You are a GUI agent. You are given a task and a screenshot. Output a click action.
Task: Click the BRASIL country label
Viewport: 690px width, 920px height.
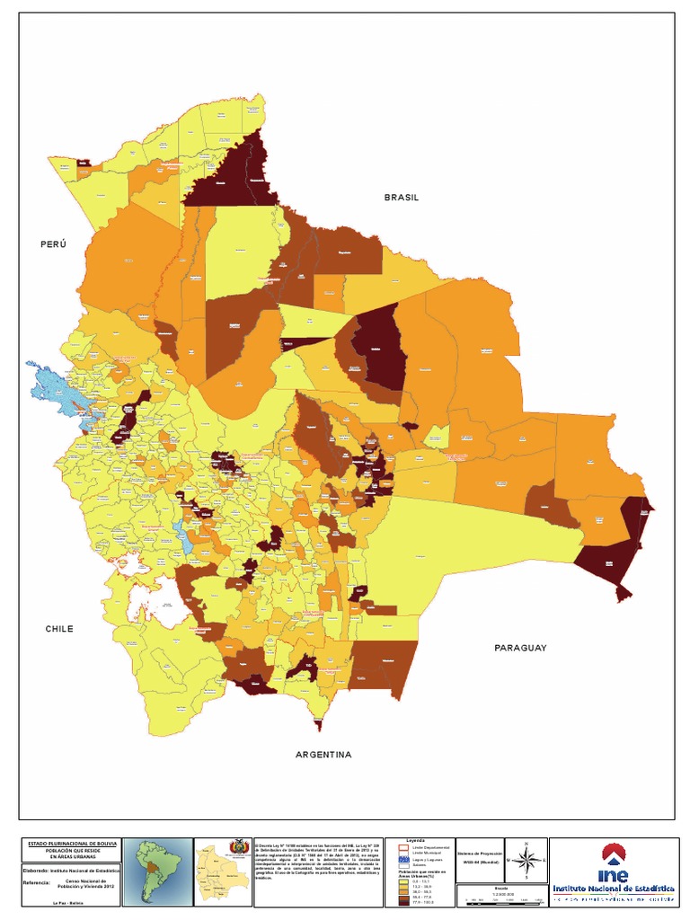click(x=402, y=197)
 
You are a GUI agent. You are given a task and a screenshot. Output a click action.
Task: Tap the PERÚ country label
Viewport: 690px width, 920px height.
click(x=54, y=244)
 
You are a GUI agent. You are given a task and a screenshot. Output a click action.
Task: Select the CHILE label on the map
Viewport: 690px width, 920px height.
click(x=59, y=629)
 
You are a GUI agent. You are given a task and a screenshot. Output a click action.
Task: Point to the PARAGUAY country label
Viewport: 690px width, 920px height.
click(x=520, y=647)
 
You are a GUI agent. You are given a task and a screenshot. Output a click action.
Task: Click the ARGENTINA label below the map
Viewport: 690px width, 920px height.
click(x=317, y=755)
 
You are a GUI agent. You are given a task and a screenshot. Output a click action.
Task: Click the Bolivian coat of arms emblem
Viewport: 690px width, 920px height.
click(x=238, y=848)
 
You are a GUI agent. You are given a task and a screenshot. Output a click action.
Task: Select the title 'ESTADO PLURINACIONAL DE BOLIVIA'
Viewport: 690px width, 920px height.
click(x=70, y=844)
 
